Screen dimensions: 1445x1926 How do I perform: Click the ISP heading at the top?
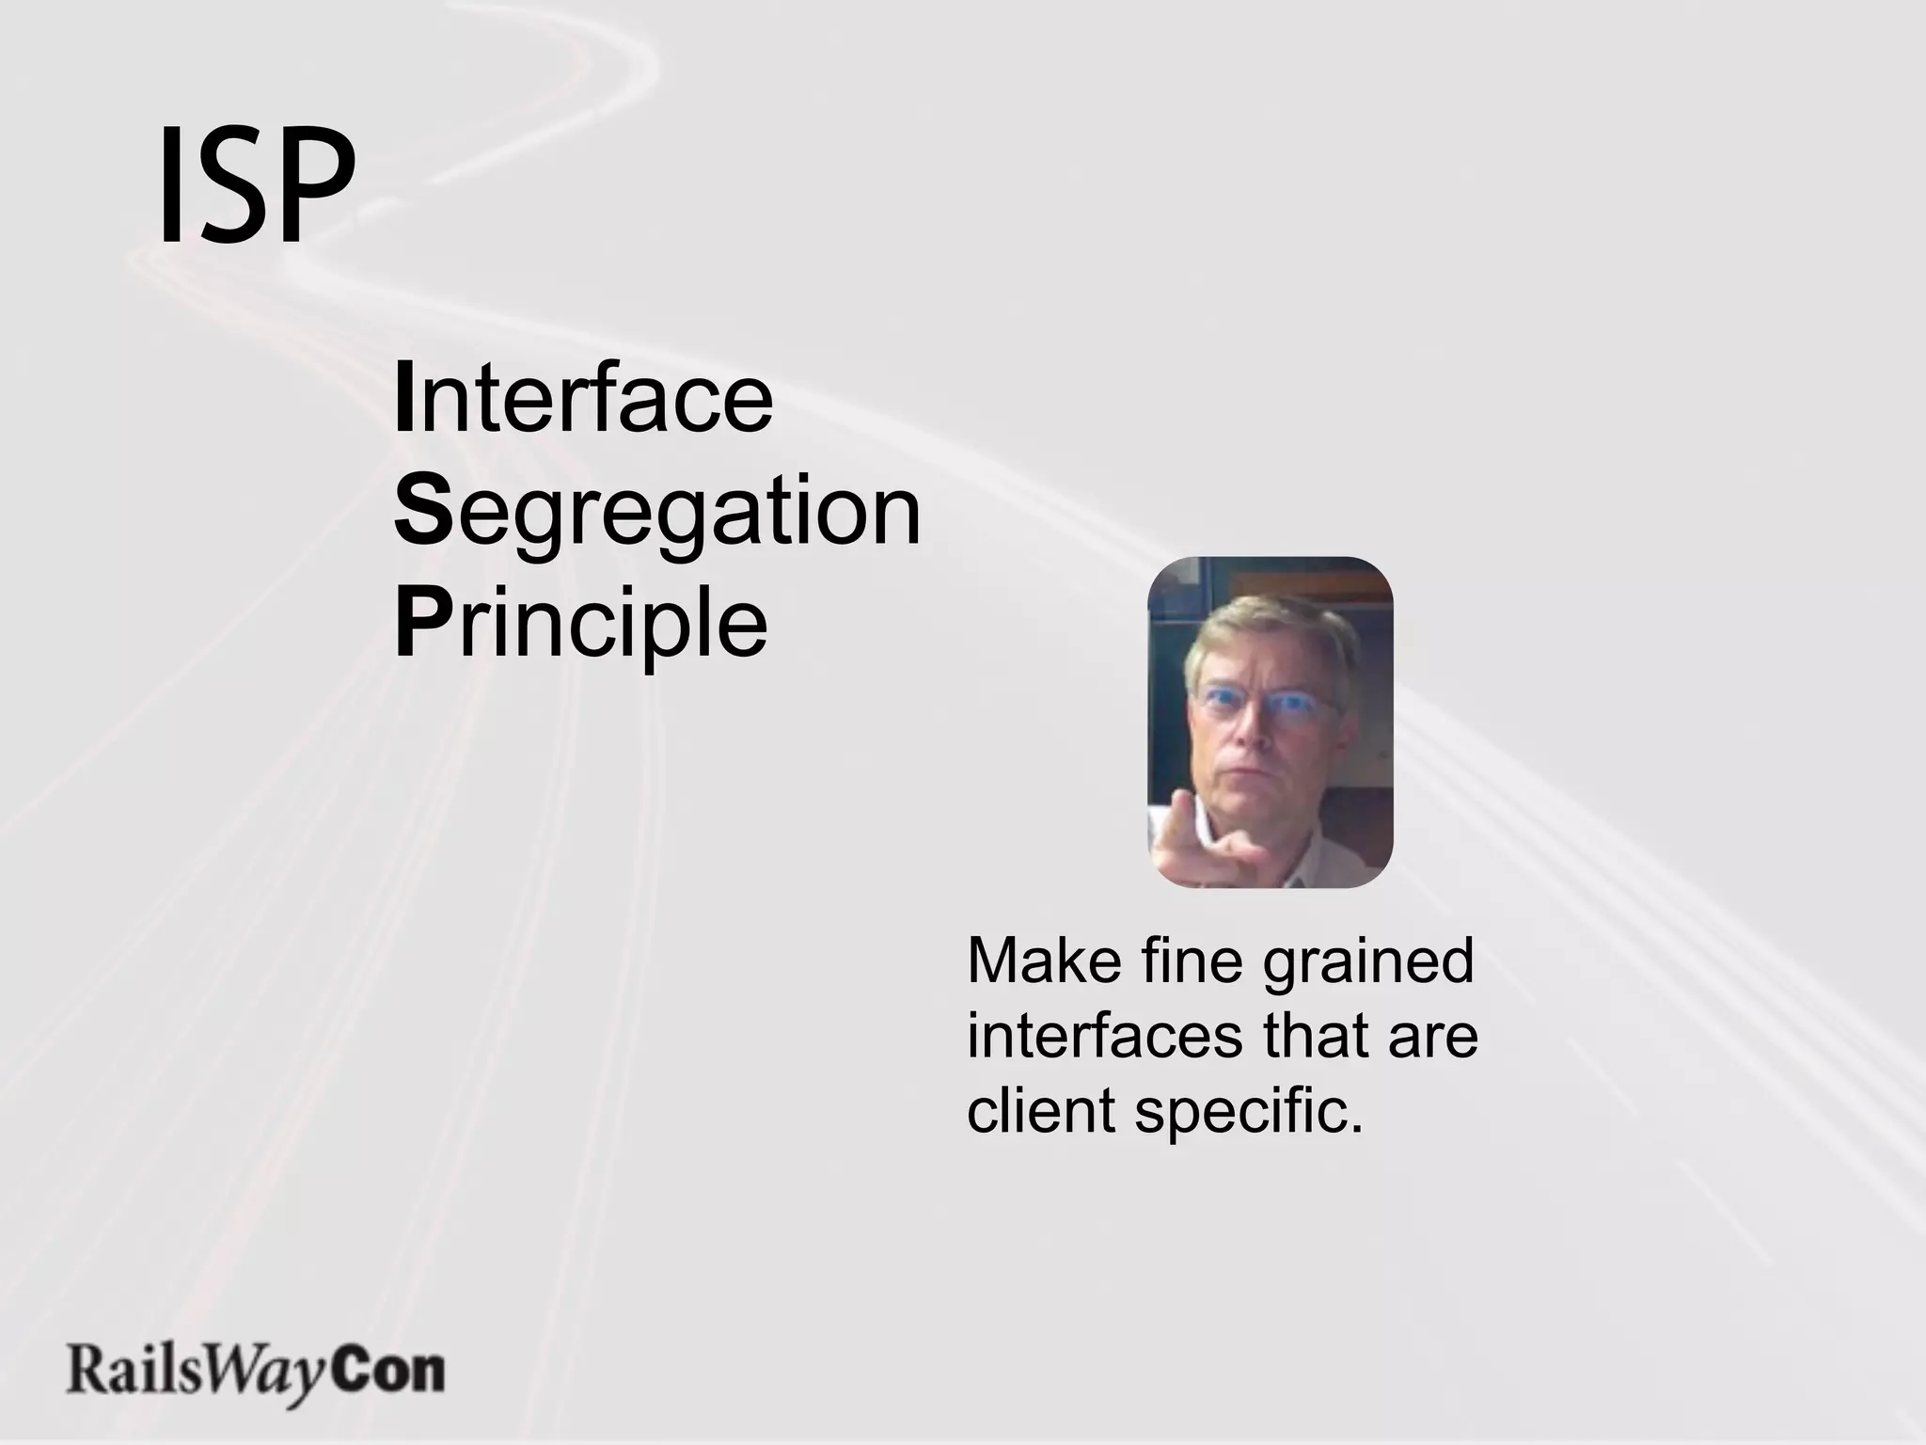(256, 183)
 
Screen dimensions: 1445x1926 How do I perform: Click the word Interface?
(583, 399)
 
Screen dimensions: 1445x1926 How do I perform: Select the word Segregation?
(656, 513)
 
